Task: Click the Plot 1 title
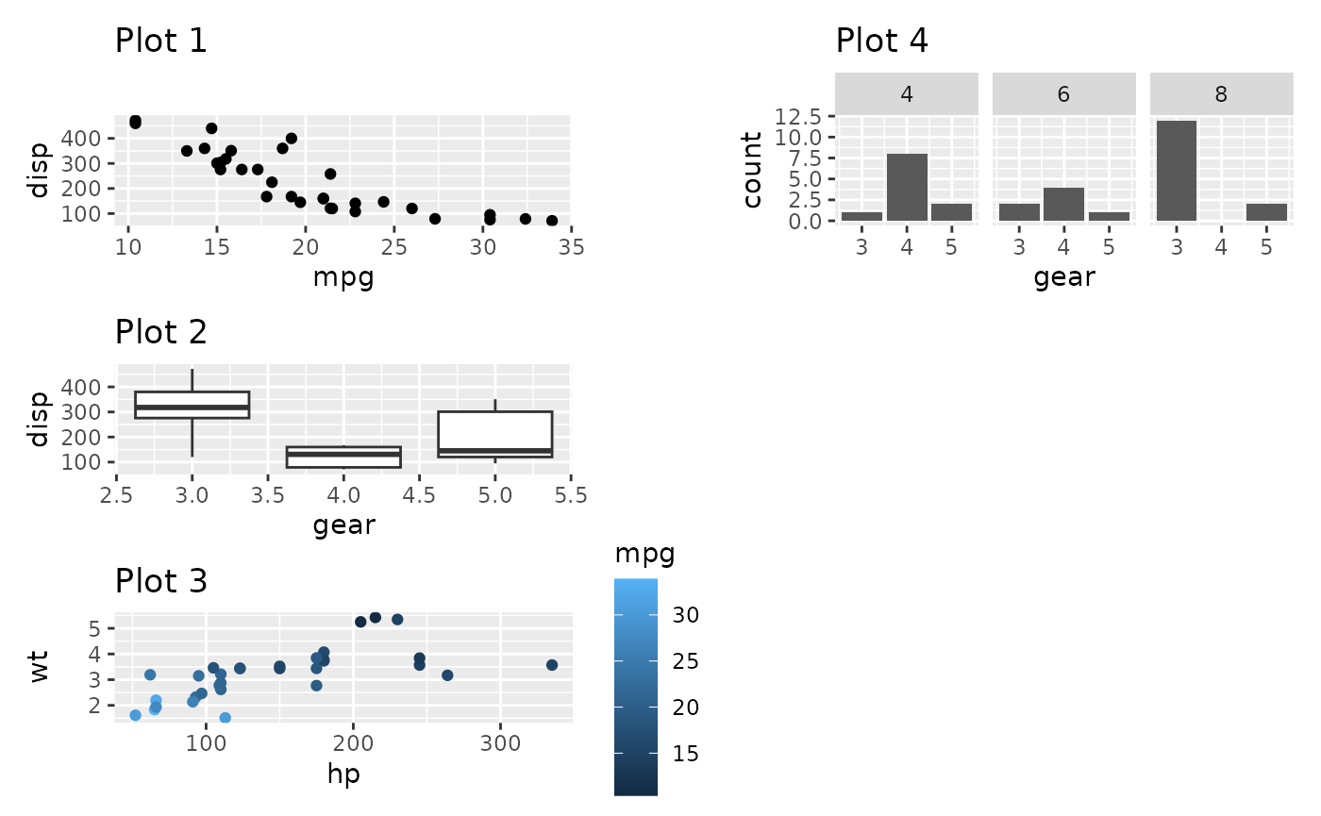160,42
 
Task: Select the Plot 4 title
881,42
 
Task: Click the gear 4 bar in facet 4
907,187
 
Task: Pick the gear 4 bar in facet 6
1063,204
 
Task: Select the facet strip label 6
1063,95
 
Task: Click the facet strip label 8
1221,95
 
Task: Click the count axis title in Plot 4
752,170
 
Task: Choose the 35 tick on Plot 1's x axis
572,247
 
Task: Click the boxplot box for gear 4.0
343,457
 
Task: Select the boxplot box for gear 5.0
495,435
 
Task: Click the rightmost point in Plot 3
552,665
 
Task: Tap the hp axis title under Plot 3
343,774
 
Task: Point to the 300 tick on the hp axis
499,741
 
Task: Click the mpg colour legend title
644,554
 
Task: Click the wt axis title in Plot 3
39,667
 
